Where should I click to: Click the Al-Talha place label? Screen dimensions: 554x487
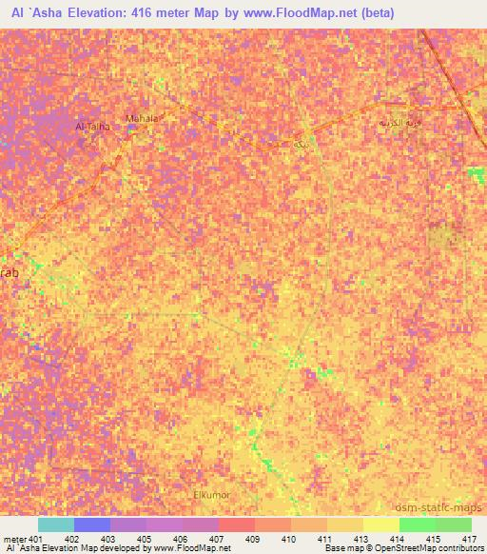[x=92, y=126]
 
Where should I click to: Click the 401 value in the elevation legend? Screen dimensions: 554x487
[x=36, y=539]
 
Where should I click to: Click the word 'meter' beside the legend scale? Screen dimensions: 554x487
[x=14, y=539]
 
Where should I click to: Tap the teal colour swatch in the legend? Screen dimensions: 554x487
[x=55, y=524]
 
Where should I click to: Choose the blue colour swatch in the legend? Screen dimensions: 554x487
[x=91, y=524]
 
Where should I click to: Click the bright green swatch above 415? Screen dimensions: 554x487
[x=417, y=524]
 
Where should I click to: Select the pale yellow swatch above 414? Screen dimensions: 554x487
[x=380, y=524]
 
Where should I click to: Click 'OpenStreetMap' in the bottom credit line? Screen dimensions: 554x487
[x=388, y=548]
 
